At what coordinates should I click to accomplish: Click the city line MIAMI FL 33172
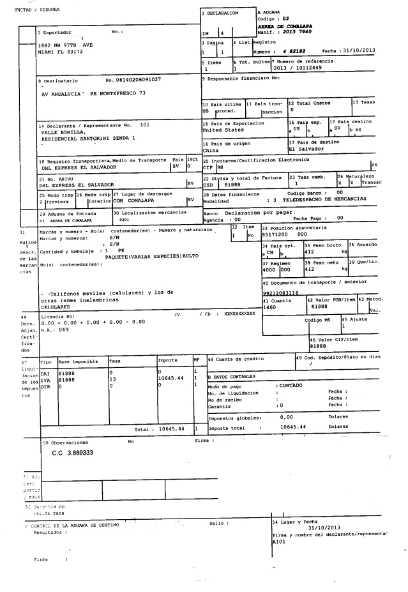(x=61, y=51)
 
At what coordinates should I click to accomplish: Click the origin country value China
(x=210, y=150)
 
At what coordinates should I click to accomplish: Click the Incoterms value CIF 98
(x=213, y=167)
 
